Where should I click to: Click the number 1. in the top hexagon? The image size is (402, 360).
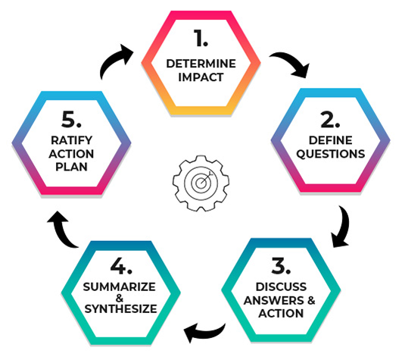click(201, 38)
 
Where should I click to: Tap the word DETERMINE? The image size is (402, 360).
click(201, 64)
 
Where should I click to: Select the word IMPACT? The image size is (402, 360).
click(201, 77)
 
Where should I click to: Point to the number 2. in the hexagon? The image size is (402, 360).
click(330, 120)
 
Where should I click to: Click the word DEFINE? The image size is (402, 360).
click(331, 140)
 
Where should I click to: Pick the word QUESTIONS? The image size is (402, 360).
click(331, 154)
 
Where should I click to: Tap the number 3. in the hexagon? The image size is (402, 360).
click(281, 265)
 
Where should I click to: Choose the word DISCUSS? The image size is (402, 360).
click(281, 286)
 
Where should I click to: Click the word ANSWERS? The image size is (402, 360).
click(274, 300)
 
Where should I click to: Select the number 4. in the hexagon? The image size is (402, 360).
click(121, 266)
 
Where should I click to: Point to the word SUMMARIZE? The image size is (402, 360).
click(119, 287)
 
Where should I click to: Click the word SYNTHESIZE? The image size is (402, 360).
click(121, 308)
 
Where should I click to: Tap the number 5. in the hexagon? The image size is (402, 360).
click(71, 119)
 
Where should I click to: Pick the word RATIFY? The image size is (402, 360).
click(71, 140)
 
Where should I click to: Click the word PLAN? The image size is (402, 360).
click(71, 167)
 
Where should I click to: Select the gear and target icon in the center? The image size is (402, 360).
click(201, 183)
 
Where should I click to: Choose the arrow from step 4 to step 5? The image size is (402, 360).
click(62, 232)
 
